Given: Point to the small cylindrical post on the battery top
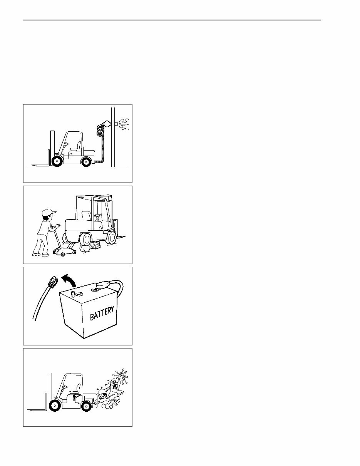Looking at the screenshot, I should pos(72,294).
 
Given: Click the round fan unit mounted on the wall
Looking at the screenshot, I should pos(106,124).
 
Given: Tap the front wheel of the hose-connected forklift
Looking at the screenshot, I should pos(57,161).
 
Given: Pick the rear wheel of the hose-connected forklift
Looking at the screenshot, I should pos(86,162).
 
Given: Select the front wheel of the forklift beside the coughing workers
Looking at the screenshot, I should pos(55,406).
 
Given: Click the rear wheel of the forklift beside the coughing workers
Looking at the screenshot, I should pos(86,406).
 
